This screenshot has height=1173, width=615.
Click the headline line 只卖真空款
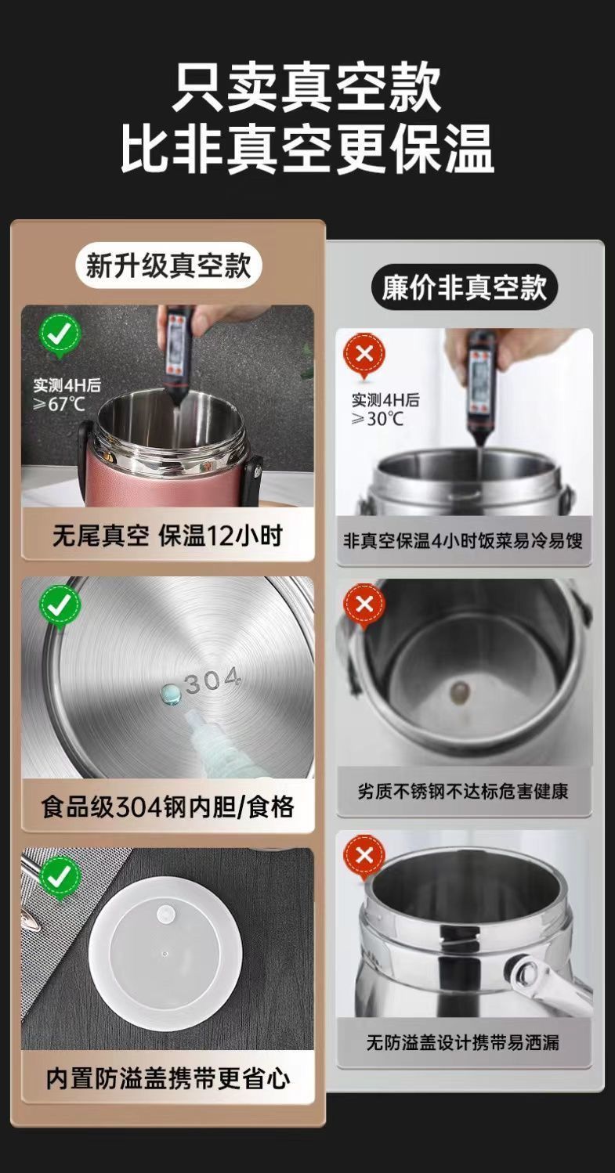(x=307, y=87)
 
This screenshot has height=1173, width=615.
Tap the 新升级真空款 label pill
(x=168, y=265)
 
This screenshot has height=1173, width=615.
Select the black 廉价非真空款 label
(x=464, y=287)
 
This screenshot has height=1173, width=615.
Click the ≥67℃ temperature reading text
(x=59, y=404)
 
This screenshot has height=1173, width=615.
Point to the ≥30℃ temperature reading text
(x=377, y=418)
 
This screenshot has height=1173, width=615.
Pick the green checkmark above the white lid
(x=61, y=876)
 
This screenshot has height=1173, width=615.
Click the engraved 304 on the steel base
(x=212, y=681)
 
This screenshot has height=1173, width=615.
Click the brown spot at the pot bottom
(x=460, y=692)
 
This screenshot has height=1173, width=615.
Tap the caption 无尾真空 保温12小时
(x=168, y=535)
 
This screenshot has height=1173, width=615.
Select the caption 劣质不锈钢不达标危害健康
(x=463, y=791)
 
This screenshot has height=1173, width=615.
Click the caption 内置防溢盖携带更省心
(x=168, y=1078)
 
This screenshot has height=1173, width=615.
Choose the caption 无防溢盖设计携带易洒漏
(x=463, y=1042)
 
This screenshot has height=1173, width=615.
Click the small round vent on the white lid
(x=167, y=915)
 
